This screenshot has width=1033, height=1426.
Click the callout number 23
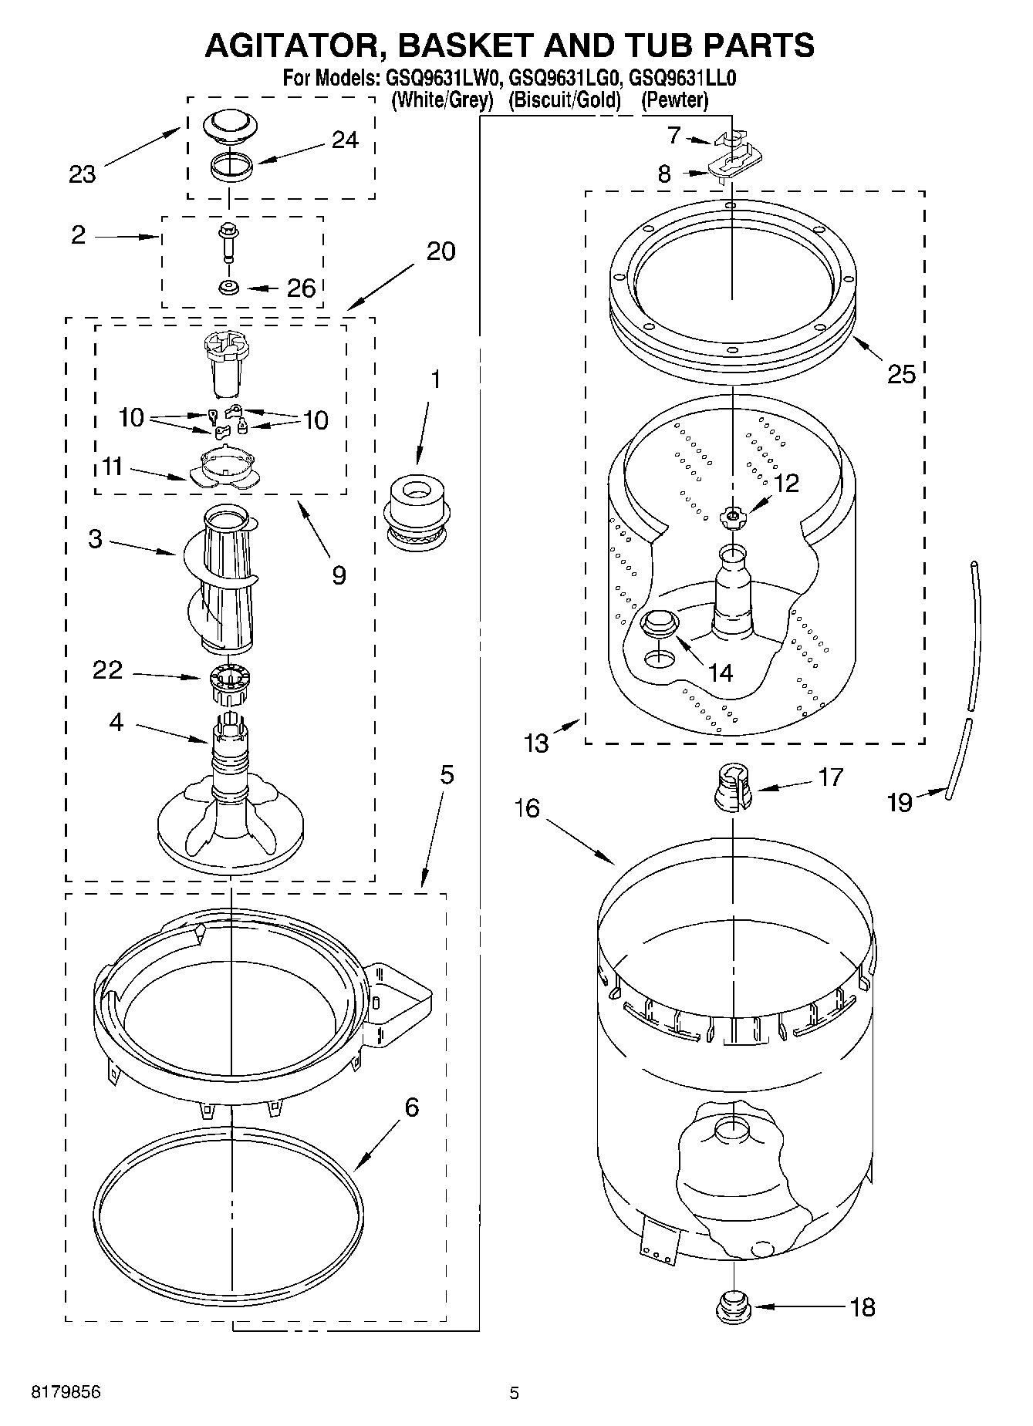(x=83, y=175)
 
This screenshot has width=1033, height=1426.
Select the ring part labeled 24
(x=231, y=167)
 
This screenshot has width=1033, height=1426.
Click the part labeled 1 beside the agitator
(x=416, y=513)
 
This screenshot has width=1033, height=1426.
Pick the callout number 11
(x=112, y=467)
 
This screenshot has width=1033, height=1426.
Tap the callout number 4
(x=116, y=723)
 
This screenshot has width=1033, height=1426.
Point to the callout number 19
(x=900, y=802)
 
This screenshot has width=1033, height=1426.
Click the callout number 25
(x=901, y=374)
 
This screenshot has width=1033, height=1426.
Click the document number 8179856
(x=66, y=1392)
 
